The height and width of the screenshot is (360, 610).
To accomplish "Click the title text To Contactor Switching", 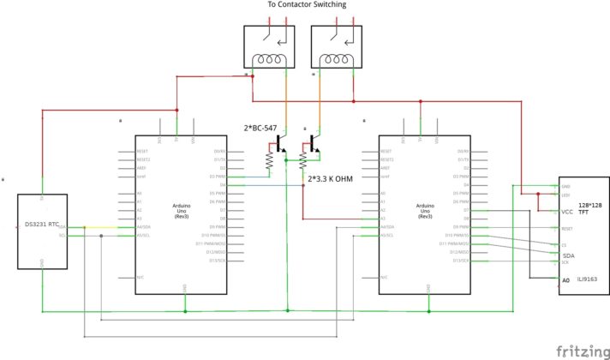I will click(306, 6).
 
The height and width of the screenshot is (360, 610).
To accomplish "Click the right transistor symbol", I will click(315, 148).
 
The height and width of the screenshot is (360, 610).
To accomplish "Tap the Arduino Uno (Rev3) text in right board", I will click(425, 211).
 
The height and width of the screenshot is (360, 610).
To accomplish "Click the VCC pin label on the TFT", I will click(567, 212).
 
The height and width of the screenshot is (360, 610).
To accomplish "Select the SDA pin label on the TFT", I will click(568, 256).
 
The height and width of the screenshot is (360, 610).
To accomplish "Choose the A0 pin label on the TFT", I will click(565, 280).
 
